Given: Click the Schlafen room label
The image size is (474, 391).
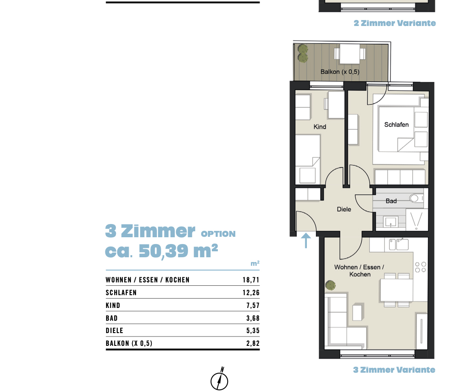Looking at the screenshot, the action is [x=396, y=124].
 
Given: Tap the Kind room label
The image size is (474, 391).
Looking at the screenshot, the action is [x=320, y=127].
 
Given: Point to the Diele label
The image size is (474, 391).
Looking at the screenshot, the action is [x=344, y=209].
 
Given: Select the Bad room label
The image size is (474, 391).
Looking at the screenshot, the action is [x=391, y=201].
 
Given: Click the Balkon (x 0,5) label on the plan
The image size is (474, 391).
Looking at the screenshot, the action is [x=340, y=72].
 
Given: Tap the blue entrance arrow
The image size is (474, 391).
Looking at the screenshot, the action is [x=306, y=241].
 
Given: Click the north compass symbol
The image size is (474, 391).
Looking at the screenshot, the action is [x=220, y=379].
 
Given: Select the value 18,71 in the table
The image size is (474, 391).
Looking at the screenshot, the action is [x=251, y=280].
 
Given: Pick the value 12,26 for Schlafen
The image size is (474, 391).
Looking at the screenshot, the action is [x=251, y=293].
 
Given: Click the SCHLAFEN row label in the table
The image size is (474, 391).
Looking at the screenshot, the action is [x=121, y=293].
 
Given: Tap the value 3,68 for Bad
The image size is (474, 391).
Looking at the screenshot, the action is [x=253, y=318].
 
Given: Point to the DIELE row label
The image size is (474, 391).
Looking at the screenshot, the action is [x=115, y=331].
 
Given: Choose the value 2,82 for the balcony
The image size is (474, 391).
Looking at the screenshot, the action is [x=253, y=343].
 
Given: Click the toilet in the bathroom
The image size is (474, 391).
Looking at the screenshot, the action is [x=416, y=198].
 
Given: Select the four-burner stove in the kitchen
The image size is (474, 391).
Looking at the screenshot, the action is [x=420, y=267].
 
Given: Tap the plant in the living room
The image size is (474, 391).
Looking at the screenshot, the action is [x=330, y=285].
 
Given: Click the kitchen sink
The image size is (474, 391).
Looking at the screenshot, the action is [x=399, y=244].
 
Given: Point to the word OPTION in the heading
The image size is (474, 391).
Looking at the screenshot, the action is [x=218, y=234].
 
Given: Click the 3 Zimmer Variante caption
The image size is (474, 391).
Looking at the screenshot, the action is [x=394, y=370].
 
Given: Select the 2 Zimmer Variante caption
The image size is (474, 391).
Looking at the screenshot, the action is [x=395, y=23].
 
